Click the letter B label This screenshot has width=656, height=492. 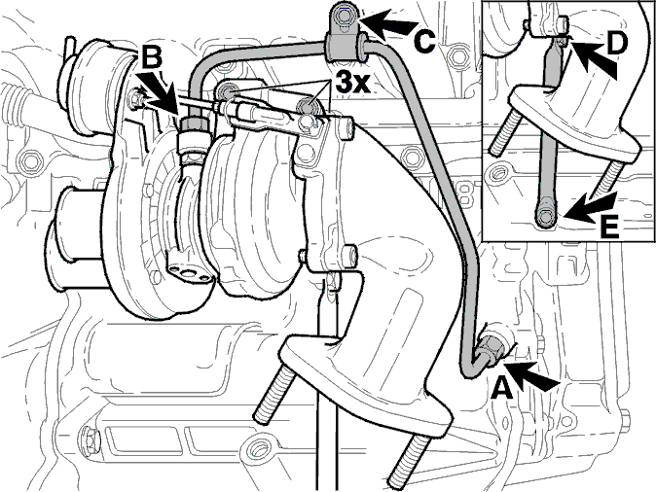(151, 56)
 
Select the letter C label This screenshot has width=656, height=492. (424, 42)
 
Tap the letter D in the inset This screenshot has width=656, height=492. (615, 44)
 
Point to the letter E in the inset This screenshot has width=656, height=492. (608, 228)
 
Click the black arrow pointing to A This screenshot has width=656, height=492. (532, 375)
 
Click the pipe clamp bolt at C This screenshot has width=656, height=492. (344, 17)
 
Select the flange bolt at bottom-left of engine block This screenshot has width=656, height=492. (91, 439)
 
